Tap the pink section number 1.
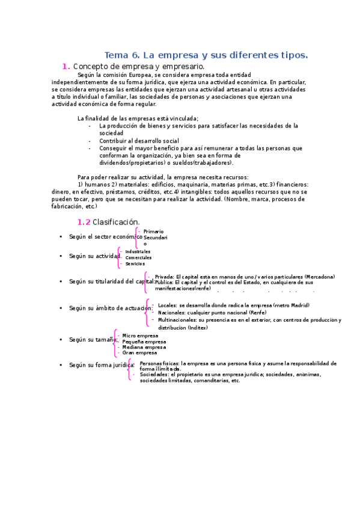pos(66,66)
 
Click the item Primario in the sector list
pos(153,232)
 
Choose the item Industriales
pos(138,251)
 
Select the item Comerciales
pos(138,257)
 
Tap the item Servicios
pos(135,263)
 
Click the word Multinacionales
pos(180,320)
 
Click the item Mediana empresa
pos(144,347)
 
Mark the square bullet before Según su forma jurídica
pos(61,365)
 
